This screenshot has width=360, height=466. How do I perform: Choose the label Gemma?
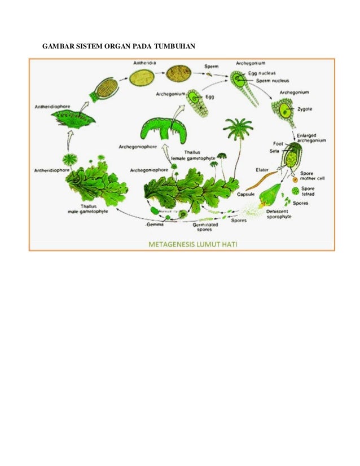(x=155, y=223)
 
